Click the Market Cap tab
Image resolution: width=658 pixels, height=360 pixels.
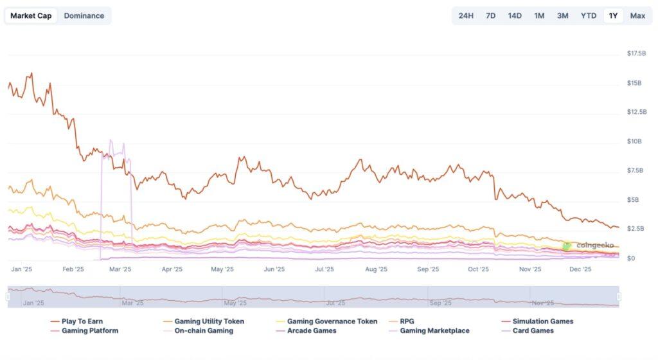point(31,15)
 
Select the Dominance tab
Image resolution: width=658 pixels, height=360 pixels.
point(84,15)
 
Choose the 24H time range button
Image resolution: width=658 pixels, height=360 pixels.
point(466,15)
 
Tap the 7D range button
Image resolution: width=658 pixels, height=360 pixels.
point(490,15)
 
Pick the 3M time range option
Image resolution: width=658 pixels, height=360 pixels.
point(562,15)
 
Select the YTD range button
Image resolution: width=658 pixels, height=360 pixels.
point(589,15)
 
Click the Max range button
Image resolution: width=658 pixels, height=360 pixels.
point(637,15)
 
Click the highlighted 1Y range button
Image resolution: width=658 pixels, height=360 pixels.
point(614,15)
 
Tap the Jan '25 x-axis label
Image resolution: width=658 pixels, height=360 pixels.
point(22,270)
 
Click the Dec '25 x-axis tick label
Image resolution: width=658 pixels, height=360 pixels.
point(581,270)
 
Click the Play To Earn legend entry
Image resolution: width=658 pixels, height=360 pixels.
point(82,321)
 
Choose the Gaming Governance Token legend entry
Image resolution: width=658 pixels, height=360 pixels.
point(332,321)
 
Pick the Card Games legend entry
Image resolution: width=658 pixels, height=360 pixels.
point(533,330)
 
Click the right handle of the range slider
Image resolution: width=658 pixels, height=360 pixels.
point(619,296)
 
